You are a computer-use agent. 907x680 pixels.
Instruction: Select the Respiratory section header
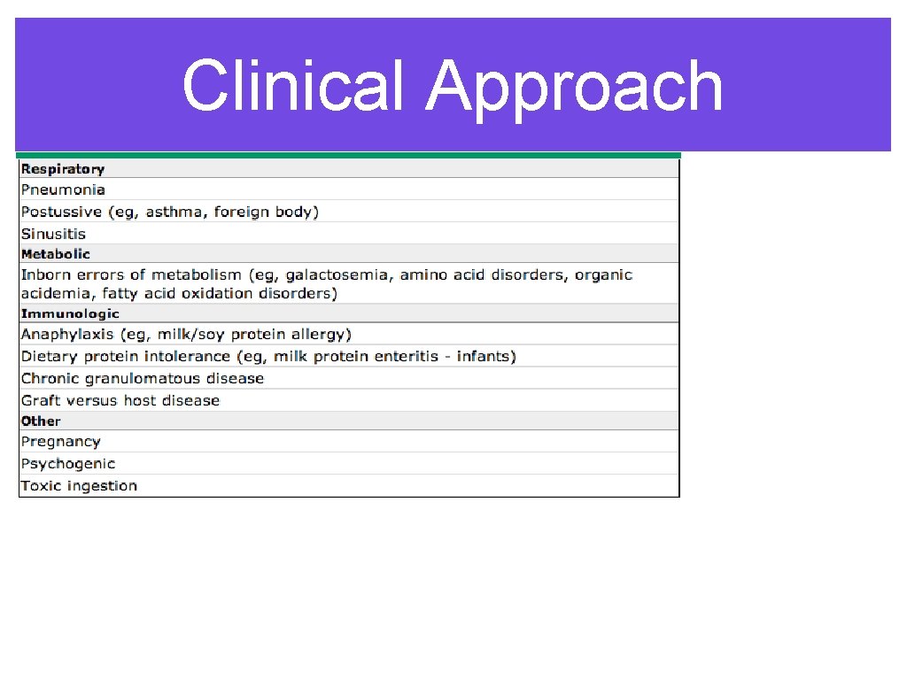click(x=63, y=168)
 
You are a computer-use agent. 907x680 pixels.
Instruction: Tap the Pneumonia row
click(x=63, y=189)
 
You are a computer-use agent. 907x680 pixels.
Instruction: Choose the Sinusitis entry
click(x=53, y=234)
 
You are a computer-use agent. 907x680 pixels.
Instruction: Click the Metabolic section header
click(x=56, y=254)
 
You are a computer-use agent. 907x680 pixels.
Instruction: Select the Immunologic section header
click(x=70, y=313)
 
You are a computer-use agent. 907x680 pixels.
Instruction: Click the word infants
click(x=485, y=356)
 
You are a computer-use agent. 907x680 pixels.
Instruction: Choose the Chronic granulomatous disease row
click(x=143, y=378)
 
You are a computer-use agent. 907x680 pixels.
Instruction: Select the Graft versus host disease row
click(x=120, y=400)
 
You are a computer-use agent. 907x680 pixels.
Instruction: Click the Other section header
click(x=41, y=421)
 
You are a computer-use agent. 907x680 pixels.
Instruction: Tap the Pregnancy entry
click(x=60, y=442)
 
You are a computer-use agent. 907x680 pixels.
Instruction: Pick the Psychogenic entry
click(x=68, y=464)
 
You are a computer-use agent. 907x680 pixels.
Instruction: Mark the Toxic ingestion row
click(x=79, y=485)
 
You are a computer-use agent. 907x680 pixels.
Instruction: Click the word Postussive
click(x=58, y=212)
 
